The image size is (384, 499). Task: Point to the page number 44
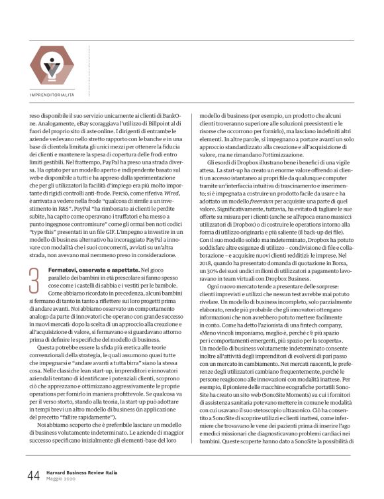[x=34, y=474]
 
